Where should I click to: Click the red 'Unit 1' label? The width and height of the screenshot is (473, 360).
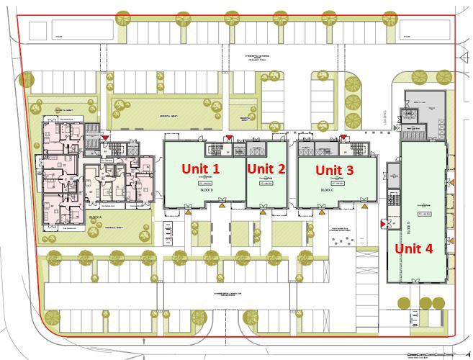(x=200, y=168)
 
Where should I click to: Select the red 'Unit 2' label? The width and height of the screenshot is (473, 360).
(x=266, y=168)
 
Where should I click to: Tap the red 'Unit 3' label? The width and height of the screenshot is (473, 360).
(x=335, y=170)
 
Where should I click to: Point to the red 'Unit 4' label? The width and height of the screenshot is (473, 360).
(x=413, y=248)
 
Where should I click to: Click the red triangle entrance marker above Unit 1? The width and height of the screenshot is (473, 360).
(x=229, y=137)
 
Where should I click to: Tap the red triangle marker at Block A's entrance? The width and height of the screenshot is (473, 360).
(x=106, y=135)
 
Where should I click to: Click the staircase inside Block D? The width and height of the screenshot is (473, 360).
(x=393, y=197)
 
